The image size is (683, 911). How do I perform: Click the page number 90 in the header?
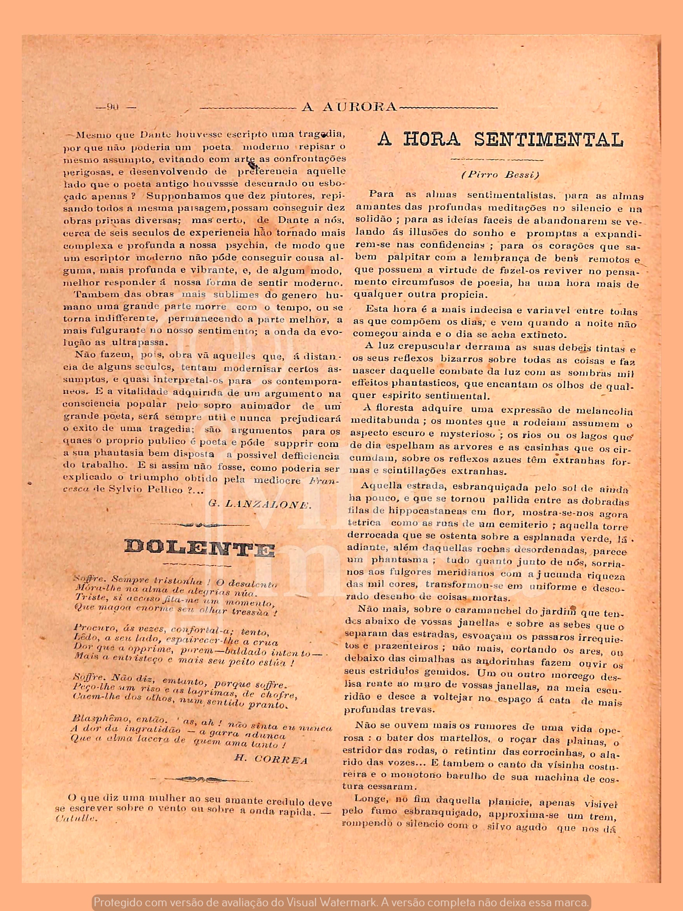pos(112,107)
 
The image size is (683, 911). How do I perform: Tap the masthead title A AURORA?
pos(349,107)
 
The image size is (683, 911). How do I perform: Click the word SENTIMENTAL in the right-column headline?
pos(548,140)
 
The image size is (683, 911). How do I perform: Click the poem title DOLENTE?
pos(200,548)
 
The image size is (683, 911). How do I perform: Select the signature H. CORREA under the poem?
pos(271,759)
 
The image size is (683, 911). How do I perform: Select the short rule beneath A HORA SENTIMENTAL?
pos(497,159)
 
